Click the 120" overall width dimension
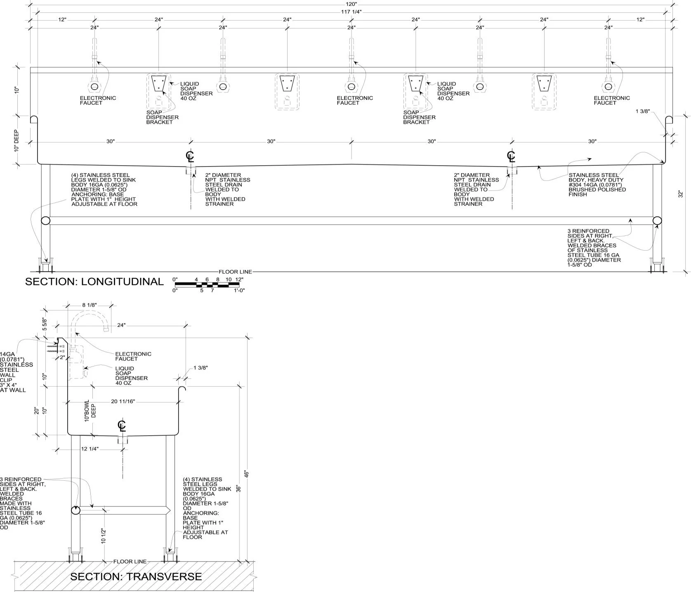click(x=351, y=4)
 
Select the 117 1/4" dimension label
click(x=351, y=12)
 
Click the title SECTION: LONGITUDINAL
click(x=94, y=282)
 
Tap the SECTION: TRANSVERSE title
click(x=136, y=577)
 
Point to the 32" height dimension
click(x=681, y=194)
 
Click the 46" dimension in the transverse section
click(x=247, y=474)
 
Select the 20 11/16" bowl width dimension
click(x=123, y=402)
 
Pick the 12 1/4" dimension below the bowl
click(x=90, y=449)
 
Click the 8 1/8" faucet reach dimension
click(x=89, y=305)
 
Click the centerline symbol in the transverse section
click(x=121, y=425)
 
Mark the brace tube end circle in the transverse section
click(x=75, y=510)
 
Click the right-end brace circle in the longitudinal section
click(x=657, y=221)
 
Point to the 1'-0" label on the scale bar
click(x=240, y=290)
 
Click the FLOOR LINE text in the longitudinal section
click(x=235, y=272)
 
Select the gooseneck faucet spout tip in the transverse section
click(x=106, y=329)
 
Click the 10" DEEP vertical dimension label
click(x=17, y=141)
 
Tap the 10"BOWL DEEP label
click(x=90, y=411)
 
